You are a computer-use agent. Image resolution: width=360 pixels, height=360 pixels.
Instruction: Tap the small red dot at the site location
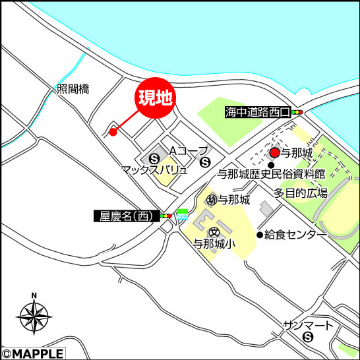(x=113, y=132)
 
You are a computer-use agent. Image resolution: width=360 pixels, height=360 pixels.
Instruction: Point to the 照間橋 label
(x=73, y=89)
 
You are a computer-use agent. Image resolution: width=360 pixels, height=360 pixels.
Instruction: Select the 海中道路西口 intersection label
(x=256, y=112)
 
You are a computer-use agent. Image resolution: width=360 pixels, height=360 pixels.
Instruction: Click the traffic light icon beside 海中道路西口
(x=297, y=113)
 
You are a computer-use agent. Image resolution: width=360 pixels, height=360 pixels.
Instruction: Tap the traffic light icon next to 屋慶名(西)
(x=165, y=216)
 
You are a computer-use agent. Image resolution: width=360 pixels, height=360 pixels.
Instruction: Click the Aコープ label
(x=188, y=150)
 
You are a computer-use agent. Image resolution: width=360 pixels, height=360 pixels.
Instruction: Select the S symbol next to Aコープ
(x=205, y=162)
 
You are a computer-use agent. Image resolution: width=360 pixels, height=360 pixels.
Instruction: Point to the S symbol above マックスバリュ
(x=154, y=158)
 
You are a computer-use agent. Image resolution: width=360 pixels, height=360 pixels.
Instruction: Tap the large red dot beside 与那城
(x=274, y=153)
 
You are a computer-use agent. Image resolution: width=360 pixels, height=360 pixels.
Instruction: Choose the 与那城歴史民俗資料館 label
(x=272, y=175)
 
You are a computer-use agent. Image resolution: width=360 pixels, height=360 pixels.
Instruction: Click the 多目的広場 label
(x=301, y=193)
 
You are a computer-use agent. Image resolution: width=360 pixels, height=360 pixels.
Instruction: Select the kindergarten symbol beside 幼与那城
(x=212, y=199)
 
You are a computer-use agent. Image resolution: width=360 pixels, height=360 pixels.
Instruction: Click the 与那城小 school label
(x=214, y=244)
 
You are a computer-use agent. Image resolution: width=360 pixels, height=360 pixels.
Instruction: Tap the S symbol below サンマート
(x=308, y=338)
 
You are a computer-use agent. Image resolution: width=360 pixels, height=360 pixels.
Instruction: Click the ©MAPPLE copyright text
(x=32, y=354)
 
